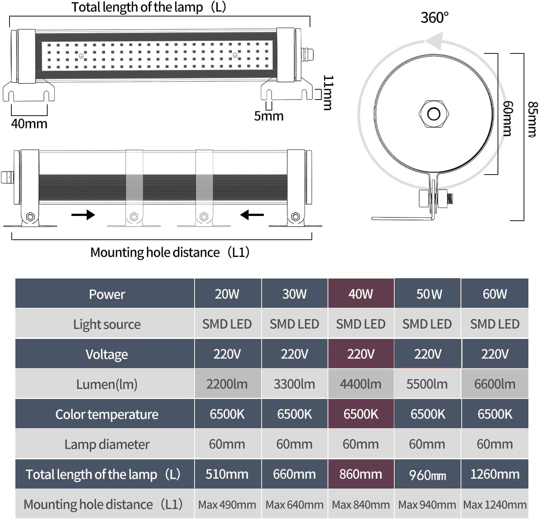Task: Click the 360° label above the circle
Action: click(434, 18)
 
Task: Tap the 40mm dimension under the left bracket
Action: click(29, 124)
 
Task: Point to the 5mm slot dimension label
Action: click(269, 116)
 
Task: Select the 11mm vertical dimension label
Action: click(328, 93)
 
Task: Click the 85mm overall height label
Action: click(532, 119)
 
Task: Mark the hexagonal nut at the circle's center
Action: click(434, 114)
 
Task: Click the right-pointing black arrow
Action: click(83, 214)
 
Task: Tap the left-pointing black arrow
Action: click(252, 214)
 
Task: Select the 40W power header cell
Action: click(361, 294)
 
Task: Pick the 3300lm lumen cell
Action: click(294, 384)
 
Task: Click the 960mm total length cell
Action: click(427, 475)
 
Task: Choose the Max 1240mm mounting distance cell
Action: click(495, 505)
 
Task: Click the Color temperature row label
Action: click(107, 414)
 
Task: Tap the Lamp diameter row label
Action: click(107, 444)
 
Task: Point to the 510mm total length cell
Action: click(227, 474)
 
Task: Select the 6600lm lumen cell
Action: click(495, 384)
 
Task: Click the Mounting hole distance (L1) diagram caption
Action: click(170, 252)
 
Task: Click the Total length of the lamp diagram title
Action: click(148, 7)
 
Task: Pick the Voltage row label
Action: click(107, 354)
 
